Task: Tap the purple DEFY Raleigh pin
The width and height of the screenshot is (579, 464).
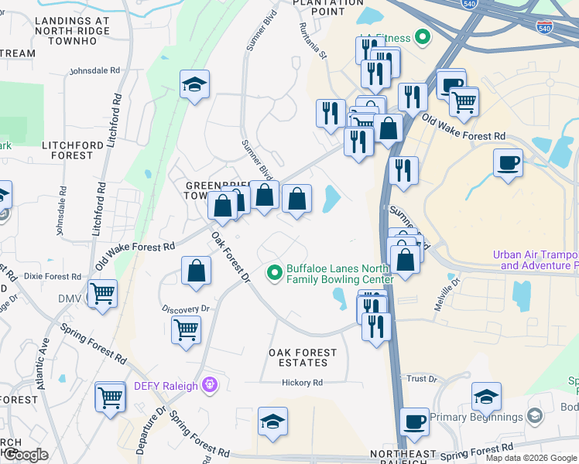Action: click(207, 384)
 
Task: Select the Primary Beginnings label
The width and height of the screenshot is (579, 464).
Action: click(477, 418)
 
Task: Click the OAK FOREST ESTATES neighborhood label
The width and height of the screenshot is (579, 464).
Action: click(303, 357)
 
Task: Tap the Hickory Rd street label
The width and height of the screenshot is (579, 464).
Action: click(302, 383)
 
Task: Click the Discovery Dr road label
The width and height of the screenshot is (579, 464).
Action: click(186, 309)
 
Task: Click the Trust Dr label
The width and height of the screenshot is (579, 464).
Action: click(422, 379)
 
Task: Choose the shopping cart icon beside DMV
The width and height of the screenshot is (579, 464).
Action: click(102, 294)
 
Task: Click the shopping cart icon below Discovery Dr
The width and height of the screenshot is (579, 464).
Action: click(186, 329)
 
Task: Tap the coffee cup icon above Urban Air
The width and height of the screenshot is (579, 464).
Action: click(508, 163)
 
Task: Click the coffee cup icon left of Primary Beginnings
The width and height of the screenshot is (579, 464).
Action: click(414, 422)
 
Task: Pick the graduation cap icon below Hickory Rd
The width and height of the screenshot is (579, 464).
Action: click(273, 421)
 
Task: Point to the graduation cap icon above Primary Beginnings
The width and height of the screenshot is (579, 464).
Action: click(486, 397)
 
